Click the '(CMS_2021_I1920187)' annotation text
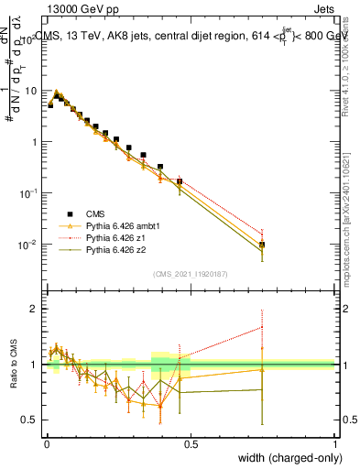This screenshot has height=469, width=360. point(191,273)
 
